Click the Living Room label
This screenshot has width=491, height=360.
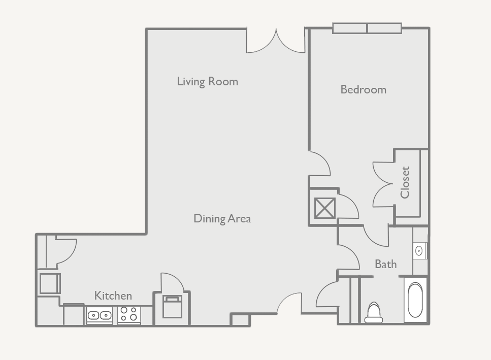[x=207, y=81]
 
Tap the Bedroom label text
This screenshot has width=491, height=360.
[x=363, y=89]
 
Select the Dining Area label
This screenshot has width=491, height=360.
[x=222, y=218]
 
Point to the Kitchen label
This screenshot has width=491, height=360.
[x=113, y=296]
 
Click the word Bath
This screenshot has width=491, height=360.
[x=385, y=264]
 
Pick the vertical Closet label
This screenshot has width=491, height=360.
[x=405, y=182]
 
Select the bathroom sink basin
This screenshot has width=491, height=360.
[x=419, y=250]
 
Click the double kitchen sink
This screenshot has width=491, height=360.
[x=100, y=316]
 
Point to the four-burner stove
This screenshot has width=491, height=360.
[x=128, y=314]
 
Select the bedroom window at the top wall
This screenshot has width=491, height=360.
[x=367, y=28]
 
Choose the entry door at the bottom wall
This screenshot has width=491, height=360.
[x=289, y=304]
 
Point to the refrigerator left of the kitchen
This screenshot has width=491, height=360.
[x=50, y=283]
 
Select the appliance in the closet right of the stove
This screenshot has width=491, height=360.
[x=172, y=307]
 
